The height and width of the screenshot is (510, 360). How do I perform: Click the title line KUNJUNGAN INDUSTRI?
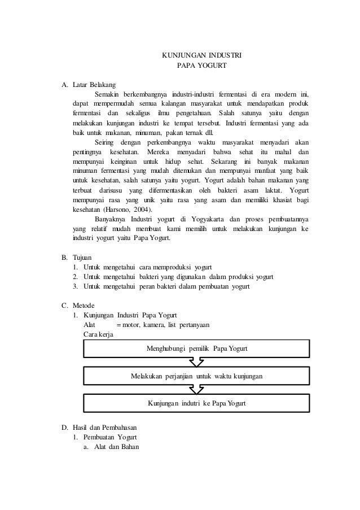pos(201,56)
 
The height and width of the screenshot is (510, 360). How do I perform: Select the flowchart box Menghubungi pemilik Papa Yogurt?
pos(196,348)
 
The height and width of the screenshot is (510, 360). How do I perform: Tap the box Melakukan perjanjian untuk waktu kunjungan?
pos(196,376)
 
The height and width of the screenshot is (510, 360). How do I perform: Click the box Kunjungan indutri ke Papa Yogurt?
pos(196,403)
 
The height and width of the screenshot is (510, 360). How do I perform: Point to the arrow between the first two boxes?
pos(196,362)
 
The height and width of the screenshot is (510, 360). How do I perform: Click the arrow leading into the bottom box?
pos(196,389)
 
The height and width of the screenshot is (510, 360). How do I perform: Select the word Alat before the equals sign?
pos(89,325)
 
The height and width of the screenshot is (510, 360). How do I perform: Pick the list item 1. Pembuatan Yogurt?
pos(106,437)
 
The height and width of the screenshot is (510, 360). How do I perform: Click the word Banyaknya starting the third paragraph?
pos(110,219)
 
